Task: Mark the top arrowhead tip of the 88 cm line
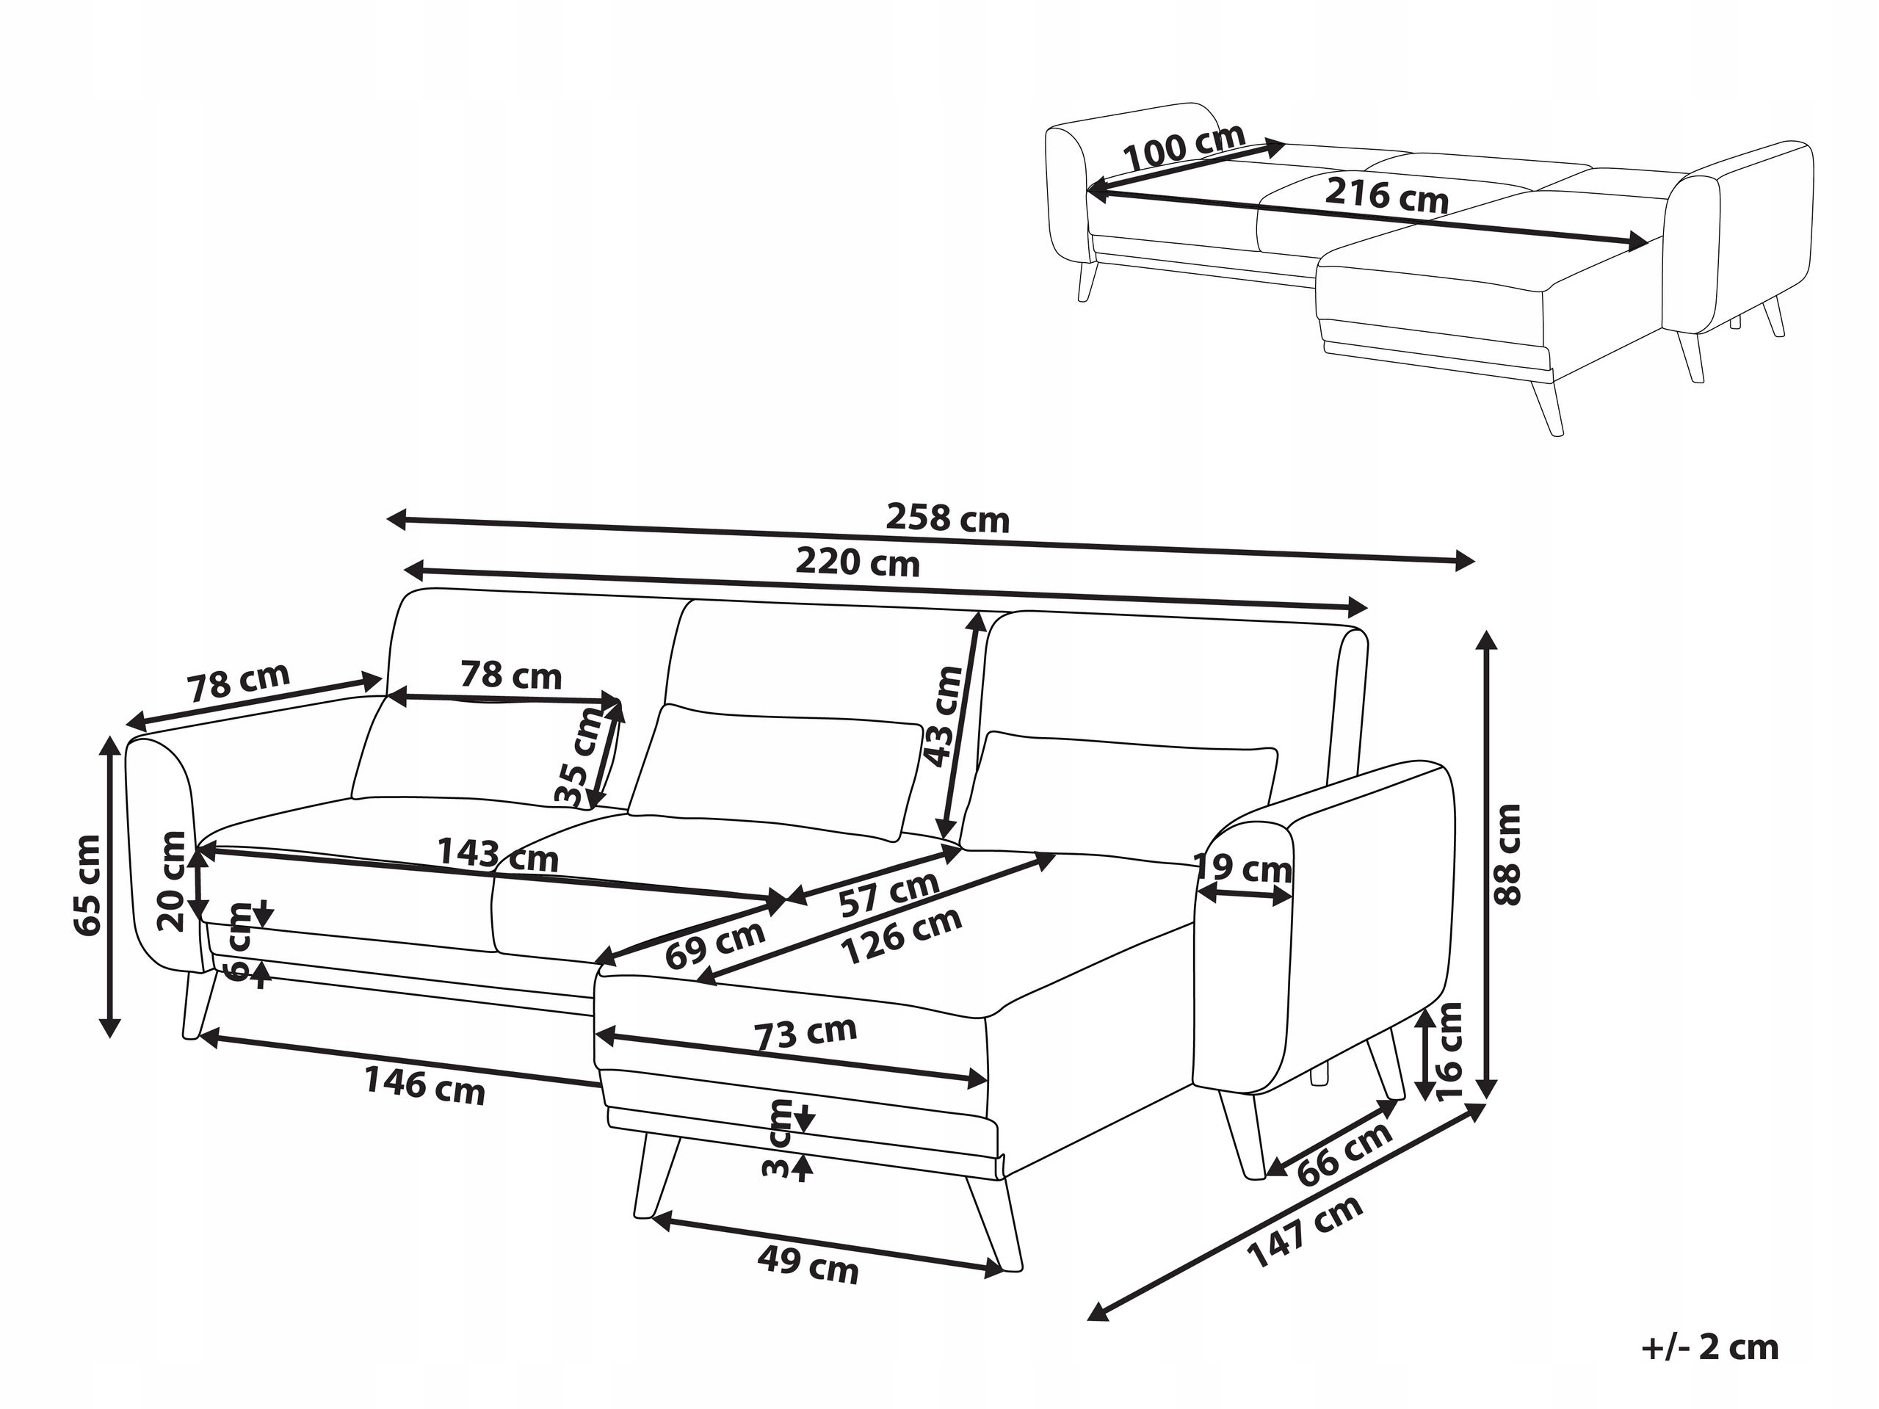[1485, 629]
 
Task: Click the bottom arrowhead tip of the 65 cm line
[109, 1038]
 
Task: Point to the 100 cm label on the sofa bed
[1184, 148]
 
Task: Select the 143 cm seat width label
[497, 854]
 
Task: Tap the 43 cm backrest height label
[943, 716]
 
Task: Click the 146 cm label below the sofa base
[424, 1085]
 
